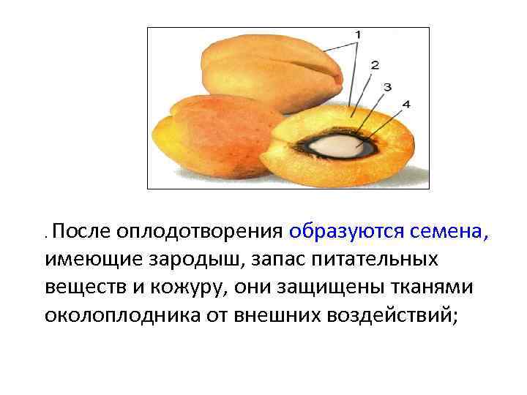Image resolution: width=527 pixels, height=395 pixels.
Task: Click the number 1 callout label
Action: pyautogui.click(x=358, y=34)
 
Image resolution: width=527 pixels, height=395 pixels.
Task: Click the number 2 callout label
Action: pyautogui.click(x=375, y=65)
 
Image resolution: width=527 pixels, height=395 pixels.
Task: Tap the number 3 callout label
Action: pyautogui.click(x=387, y=87)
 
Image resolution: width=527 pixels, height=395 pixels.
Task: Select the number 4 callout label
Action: pyautogui.click(x=405, y=105)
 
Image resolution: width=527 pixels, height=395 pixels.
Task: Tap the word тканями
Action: pyautogui.click(x=433, y=287)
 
